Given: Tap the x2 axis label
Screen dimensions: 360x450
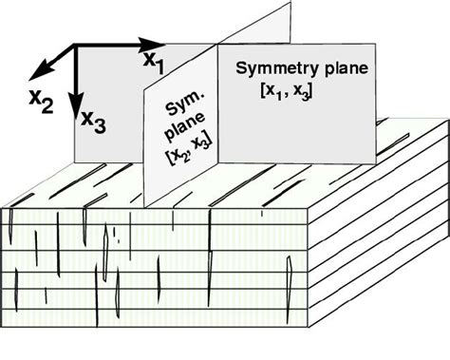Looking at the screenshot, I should (x=41, y=100).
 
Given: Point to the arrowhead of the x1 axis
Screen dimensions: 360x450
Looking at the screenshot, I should (x=160, y=44).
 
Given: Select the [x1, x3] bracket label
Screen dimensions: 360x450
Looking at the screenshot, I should (x=289, y=90).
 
